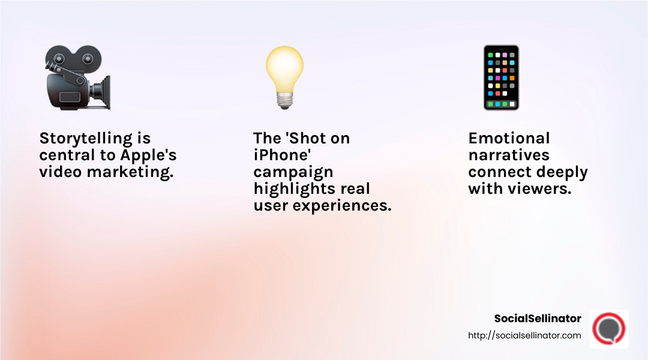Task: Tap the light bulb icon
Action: [x=284, y=77]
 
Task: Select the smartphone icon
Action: [x=501, y=77]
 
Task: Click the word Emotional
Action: [x=509, y=139]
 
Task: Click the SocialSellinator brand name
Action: [x=538, y=319]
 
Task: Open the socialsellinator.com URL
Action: [x=524, y=335]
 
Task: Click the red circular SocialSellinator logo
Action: [x=608, y=329]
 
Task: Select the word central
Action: [x=65, y=155]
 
